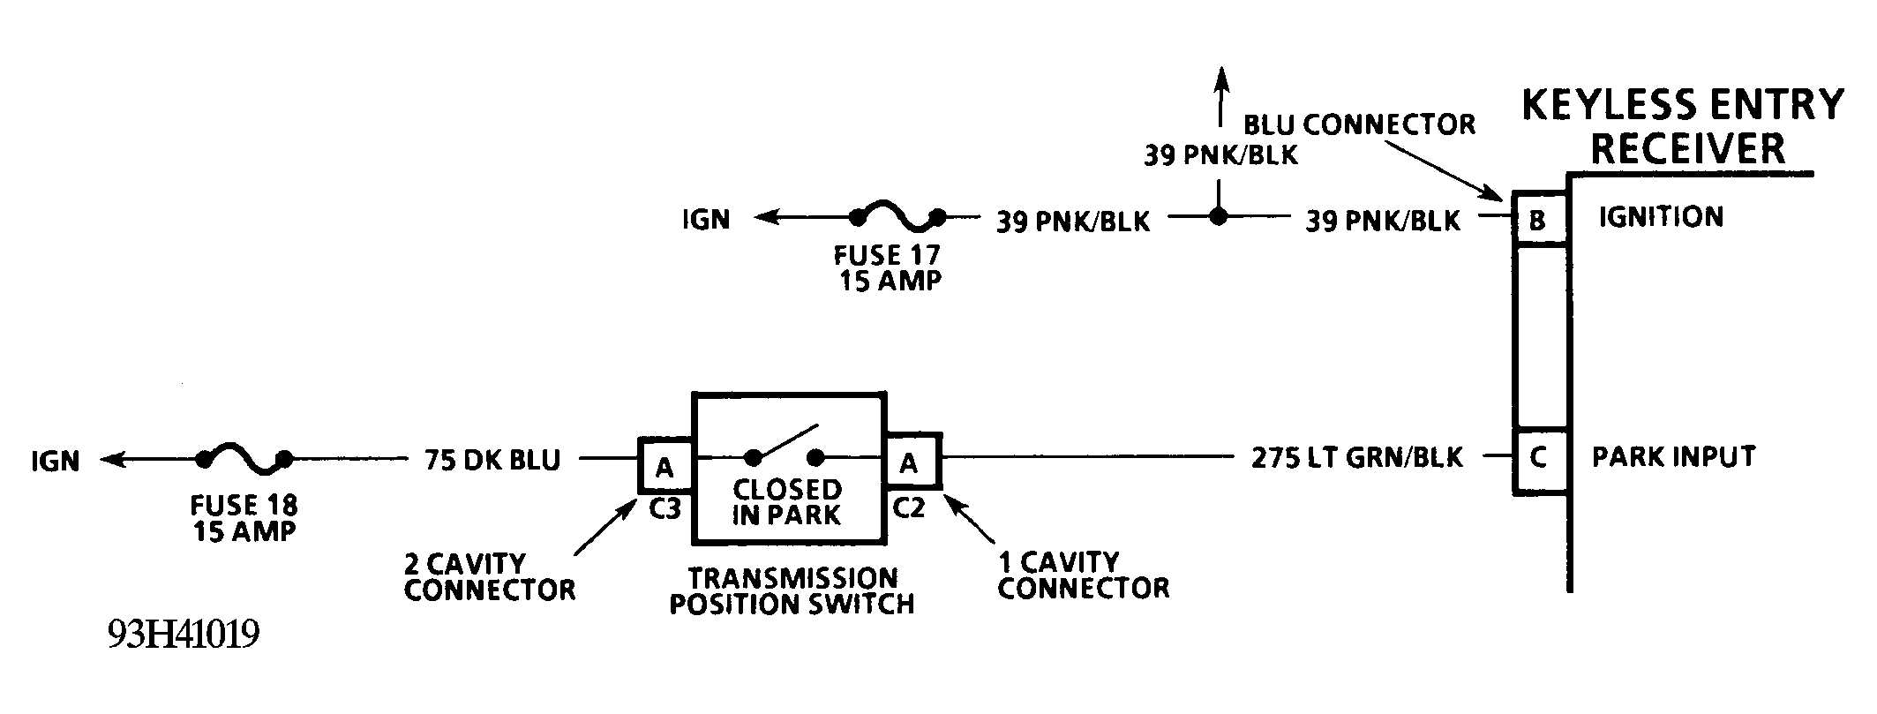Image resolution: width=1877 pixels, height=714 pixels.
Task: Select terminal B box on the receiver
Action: (1539, 219)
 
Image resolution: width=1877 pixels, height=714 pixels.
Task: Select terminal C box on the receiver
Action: (1539, 458)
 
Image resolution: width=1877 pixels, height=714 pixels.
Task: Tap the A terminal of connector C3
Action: (665, 464)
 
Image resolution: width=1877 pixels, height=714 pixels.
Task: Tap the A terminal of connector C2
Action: (910, 462)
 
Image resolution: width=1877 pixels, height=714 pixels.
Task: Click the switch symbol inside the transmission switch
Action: (785, 447)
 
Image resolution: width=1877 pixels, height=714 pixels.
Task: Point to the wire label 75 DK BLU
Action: (492, 460)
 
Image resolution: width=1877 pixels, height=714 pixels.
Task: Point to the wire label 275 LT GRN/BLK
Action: (1357, 457)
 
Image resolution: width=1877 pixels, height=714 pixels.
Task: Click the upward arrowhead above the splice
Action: (1220, 77)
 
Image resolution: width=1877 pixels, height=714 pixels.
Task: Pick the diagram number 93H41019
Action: (184, 634)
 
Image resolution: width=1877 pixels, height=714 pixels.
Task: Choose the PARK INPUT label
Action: (1673, 456)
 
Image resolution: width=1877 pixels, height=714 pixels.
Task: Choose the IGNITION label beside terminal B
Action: (1661, 217)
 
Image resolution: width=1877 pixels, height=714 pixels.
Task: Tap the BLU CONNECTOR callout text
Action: (1359, 124)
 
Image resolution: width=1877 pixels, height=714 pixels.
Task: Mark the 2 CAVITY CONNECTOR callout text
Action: (489, 575)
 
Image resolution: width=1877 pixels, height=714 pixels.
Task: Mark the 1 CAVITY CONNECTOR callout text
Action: (1083, 575)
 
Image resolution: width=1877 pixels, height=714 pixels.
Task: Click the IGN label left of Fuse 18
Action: (56, 461)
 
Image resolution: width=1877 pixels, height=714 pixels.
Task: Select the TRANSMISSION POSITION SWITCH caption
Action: (792, 590)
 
